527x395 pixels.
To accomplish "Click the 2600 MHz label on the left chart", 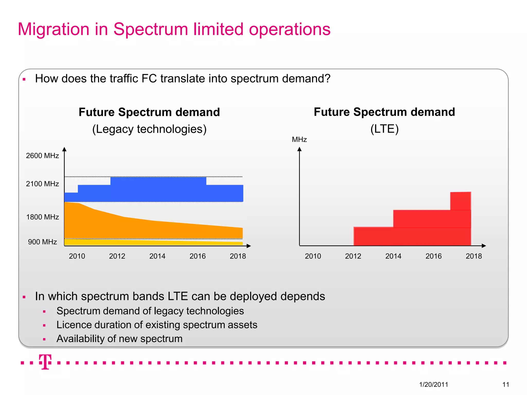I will coord(42,156).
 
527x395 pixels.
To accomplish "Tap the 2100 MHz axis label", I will coord(42,184).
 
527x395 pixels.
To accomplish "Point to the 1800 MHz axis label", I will coord(42,217).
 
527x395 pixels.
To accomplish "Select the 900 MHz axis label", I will coord(42,242).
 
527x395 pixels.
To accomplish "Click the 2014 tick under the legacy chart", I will coord(157,256).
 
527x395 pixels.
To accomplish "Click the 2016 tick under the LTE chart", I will coord(434,256).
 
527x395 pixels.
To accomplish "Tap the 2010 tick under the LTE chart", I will coord(313,256).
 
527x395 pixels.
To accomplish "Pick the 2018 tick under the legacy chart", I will coord(238,256).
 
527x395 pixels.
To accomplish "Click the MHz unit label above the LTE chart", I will coord(299,140).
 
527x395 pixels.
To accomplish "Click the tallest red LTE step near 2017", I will coord(461,201).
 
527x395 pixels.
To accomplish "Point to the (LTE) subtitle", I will coord(384,129).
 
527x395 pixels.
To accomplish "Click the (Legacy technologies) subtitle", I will coord(149,129).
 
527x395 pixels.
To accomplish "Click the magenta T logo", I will coord(45,362).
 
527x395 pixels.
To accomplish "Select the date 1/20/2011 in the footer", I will coord(434,384).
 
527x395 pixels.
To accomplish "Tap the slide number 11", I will coord(506,384).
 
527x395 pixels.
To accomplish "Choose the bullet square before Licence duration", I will coord(44,325).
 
